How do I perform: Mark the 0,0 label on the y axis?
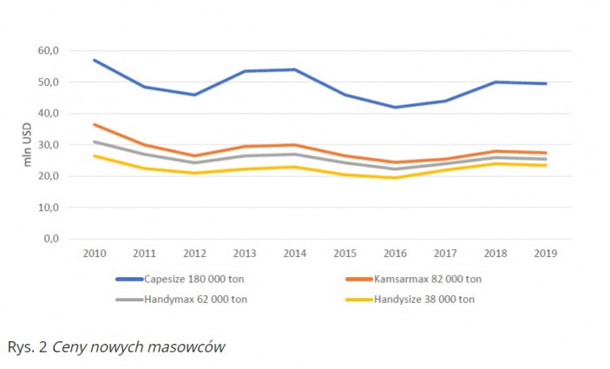[x=73, y=239]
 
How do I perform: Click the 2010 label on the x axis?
[x=94, y=254]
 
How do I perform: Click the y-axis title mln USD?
[x=28, y=145]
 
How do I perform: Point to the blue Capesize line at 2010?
[x=94, y=60]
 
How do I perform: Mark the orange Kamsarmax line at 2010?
[x=94, y=124]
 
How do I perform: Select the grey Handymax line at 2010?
[x=94, y=142]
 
